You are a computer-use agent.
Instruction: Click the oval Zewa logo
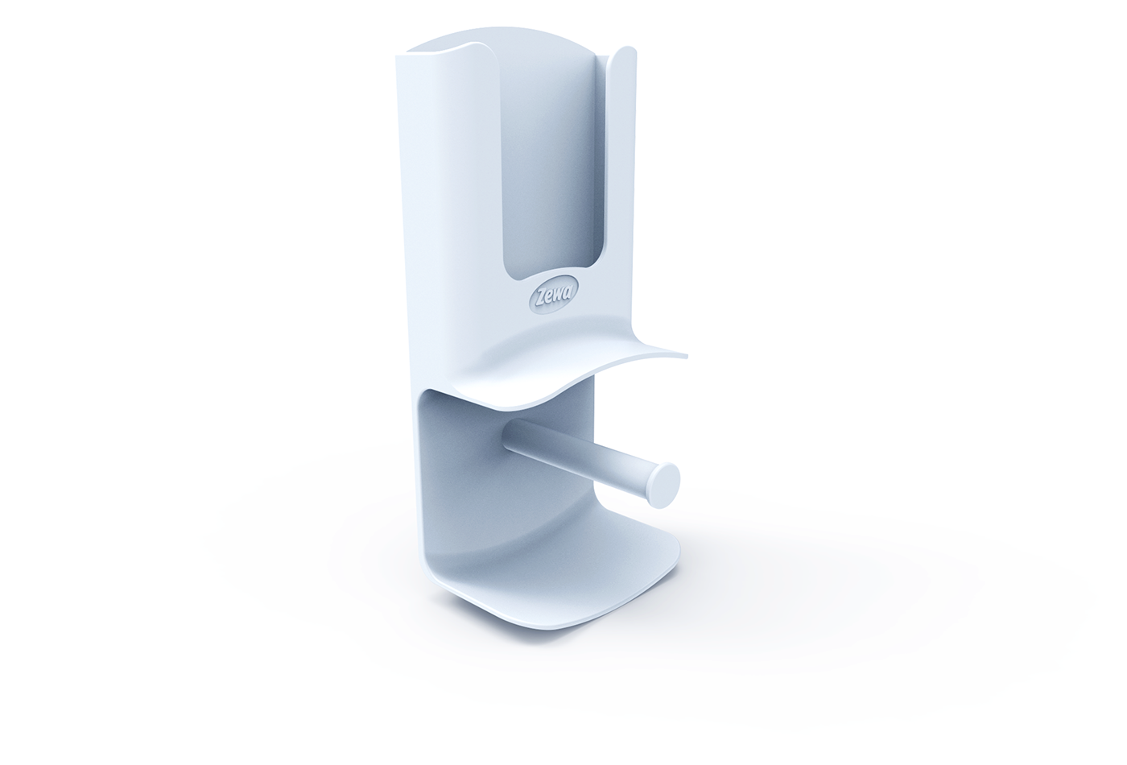pyautogui.click(x=547, y=297)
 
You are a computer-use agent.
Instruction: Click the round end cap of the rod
pyautogui.click(x=664, y=485)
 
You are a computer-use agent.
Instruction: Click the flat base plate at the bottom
pyautogui.click(x=563, y=584)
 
